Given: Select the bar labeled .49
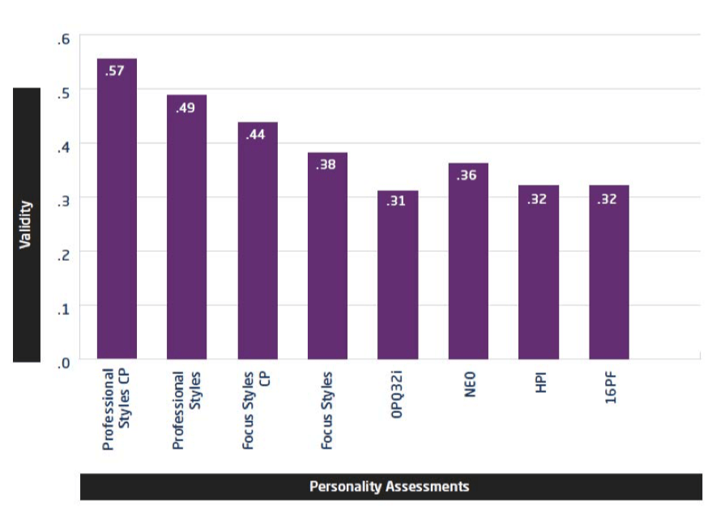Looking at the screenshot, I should [x=187, y=227].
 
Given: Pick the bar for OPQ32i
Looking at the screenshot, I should [x=398, y=275].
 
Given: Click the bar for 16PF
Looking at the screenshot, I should [x=609, y=272].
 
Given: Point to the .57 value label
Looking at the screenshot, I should [x=115, y=71].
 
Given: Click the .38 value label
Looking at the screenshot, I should [x=326, y=164].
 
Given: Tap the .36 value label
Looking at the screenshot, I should [x=467, y=175].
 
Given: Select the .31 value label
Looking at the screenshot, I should [x=396, y=201].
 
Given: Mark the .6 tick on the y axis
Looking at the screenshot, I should [x=64, y=39].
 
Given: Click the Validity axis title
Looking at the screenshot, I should [x=26, y=224].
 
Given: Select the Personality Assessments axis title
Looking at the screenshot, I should [x=390, y=487].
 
